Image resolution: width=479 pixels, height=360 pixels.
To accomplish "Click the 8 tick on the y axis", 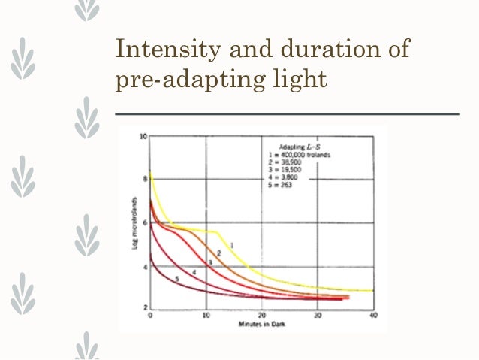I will pyautogui.click(x=144, y=180).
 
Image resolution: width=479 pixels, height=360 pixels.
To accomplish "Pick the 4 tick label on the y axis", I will pyautogui.click(x=144, y=266).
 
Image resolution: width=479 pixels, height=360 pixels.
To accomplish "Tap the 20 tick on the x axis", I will pyautogui.click(x=262, y=316).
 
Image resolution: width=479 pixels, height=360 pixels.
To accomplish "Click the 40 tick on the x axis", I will pyautogui.click(x=373, y=316).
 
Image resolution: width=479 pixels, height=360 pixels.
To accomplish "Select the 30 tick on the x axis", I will pyautogui.click(x=318, y=316).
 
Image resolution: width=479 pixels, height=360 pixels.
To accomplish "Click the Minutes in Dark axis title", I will pyautogui.click(x=260, y=324).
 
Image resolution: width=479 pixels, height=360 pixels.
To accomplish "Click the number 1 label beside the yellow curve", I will pyautogui.click(x=232, y=245).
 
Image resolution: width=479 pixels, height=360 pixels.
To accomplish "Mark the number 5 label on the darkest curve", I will pyautogui.click(x=177, y=279).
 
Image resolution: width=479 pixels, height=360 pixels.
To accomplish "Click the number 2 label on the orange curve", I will pyautogui.click(x=218, y=253).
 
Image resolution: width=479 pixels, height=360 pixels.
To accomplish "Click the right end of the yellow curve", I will pyautogui.click(x=372, y=290).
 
